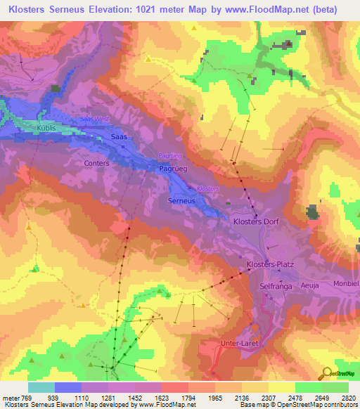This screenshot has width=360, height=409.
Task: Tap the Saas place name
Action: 119,137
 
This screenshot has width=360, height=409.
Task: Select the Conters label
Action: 96,163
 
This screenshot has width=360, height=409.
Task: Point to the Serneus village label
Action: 181,201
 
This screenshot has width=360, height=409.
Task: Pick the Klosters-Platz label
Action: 269,264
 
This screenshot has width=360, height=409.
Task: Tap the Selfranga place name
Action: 276,287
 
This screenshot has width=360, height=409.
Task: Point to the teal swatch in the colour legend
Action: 41,387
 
